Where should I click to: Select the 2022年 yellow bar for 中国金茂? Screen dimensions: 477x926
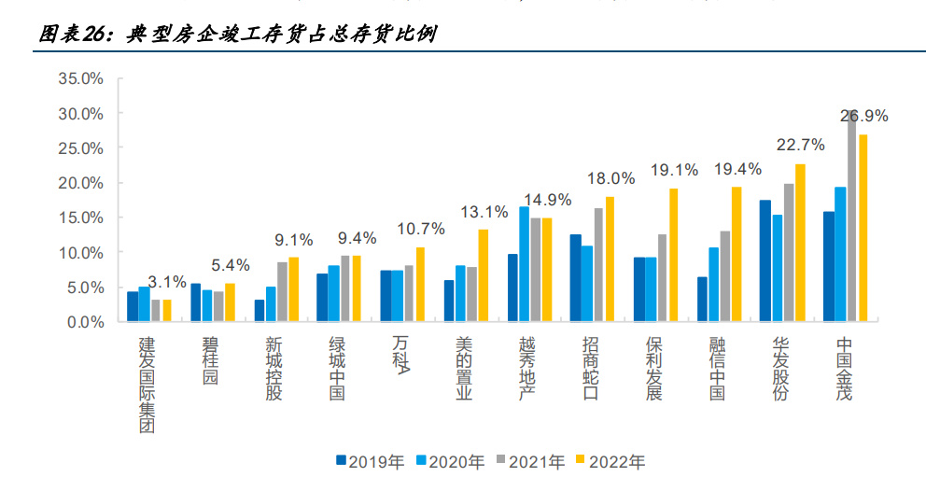(x=863, y=228)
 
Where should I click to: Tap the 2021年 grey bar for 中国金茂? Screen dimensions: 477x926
(x=852, y=216)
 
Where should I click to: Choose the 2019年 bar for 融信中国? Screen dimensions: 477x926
(x=702, y=299)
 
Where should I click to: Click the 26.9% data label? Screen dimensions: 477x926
(x=863, y=117)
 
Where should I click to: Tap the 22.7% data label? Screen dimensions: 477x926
(x=800, y=145)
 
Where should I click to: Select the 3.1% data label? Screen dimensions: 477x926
(x=167, y=281)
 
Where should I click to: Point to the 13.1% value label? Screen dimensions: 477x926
(x=484, y=211)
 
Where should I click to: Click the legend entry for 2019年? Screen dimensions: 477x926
(x=370, y=460)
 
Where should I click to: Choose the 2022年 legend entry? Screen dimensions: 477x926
(x=610, y=460)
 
